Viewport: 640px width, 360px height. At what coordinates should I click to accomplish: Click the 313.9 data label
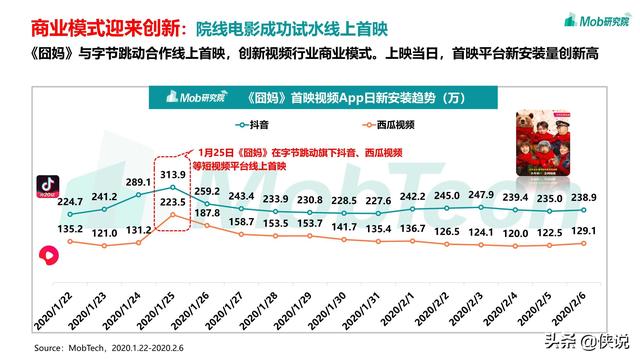(x=173, y=176)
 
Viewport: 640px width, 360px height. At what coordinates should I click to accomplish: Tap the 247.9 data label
(x=449, y=194)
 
